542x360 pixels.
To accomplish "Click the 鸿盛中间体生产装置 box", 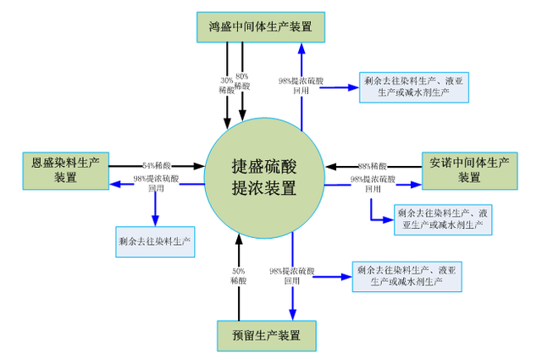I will (x=260, y=25).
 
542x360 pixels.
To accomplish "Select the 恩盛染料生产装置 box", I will (x=66, y=169).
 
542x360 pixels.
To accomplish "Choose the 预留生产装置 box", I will (x=266, y=334).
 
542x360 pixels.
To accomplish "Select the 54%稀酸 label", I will (x=160, y=165).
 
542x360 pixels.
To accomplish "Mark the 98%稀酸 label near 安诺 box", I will (x=373, y=165).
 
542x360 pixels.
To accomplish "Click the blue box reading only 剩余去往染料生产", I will (x=155, y=241).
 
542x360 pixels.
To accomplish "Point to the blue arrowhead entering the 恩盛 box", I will (x=113, y=184).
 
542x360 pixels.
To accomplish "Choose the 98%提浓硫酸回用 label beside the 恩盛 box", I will (x=157, y=184).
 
